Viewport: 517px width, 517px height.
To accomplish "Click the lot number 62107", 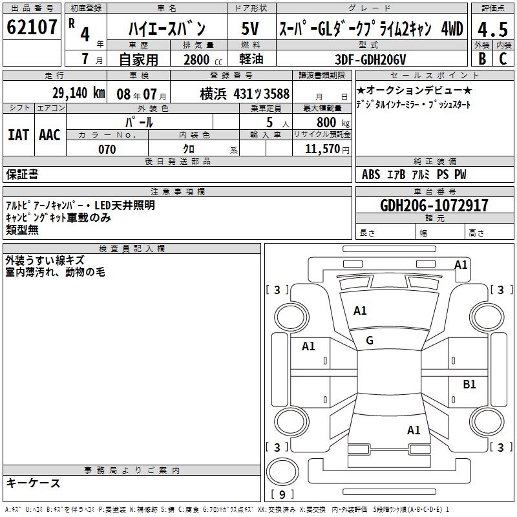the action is (32, 27).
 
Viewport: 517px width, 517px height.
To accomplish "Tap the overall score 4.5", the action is (492, 29).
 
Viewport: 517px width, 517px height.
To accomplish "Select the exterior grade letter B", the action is (482, 59).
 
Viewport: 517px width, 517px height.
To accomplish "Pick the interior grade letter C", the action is (503, 59).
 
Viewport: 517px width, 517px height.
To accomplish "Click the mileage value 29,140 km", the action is (78, 93).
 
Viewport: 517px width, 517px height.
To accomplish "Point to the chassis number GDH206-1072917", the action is (434, 206).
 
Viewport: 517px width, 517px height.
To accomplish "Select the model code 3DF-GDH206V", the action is (370, 59).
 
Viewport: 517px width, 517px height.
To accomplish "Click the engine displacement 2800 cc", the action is (203, 59).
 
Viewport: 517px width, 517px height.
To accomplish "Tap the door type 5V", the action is (250, 28).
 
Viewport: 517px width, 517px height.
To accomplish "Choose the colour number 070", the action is (107, 149).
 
